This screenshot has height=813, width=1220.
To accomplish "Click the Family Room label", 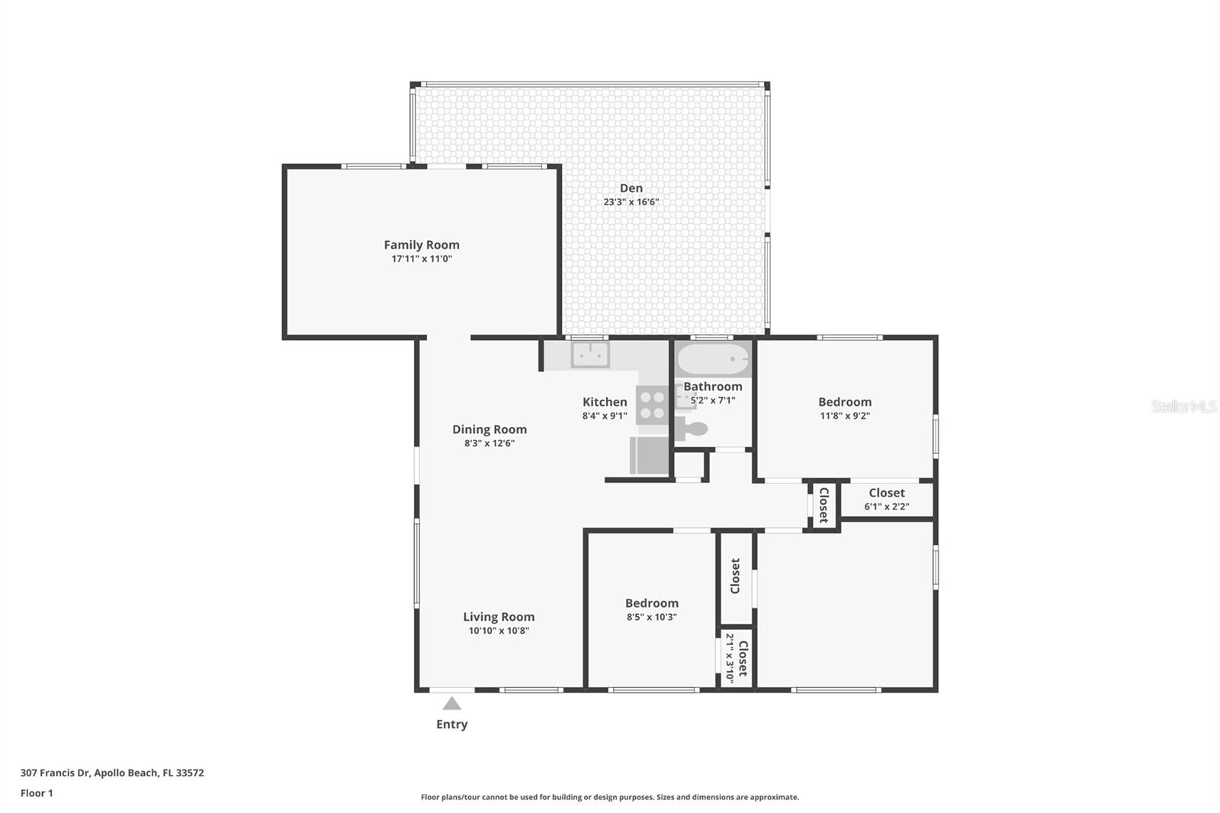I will point(421,245).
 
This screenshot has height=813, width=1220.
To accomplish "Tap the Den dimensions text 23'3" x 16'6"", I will point(631,202).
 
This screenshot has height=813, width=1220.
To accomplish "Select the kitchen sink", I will point(590,355).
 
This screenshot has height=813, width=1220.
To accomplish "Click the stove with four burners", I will point(652,405).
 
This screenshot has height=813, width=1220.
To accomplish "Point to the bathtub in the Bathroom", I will point(713,358).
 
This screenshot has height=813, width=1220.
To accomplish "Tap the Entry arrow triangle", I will point(451,704).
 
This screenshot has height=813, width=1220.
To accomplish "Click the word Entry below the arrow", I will point(451,725).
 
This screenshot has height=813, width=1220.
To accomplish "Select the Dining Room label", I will point(489,429).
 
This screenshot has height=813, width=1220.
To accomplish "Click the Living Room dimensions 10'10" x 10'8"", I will point(499,631).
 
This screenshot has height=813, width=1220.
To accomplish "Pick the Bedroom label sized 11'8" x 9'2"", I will point(844,402).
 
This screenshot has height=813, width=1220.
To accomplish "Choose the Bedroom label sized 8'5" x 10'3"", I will point(651,603).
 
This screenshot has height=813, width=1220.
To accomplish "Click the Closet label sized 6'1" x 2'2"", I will point(886,493).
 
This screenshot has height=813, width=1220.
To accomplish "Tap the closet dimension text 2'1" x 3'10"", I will point(730,657).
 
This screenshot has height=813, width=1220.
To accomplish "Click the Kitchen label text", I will point(605,402).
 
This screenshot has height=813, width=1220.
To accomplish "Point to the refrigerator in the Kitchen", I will point(650,455).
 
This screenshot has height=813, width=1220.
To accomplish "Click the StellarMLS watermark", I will point(1183,406).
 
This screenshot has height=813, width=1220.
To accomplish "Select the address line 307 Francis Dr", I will point(112,773).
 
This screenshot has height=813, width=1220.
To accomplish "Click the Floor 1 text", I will point(37,793).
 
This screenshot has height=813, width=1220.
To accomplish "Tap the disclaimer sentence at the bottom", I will point(610,797).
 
